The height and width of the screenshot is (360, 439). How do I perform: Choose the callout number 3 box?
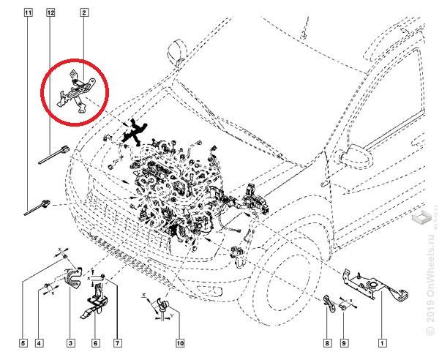click(x=71, y=342)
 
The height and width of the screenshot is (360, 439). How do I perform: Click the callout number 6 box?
click(x=95, y=342)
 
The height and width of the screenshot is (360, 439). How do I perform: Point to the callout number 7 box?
click(x=117, y=342)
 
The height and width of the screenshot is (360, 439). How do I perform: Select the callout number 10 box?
click(x=179, y=342)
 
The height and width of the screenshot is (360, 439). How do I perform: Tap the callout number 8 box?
click(x=326, y=342)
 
